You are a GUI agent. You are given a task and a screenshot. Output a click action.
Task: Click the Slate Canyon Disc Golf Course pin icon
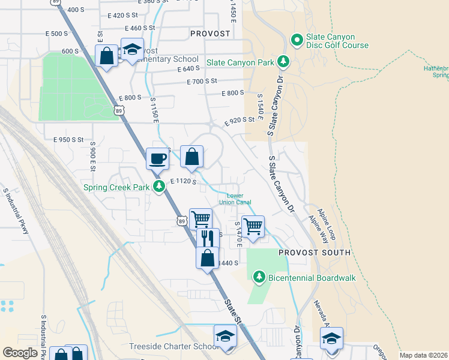coord(296,40)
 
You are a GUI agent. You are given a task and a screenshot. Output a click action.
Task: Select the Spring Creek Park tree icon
coord(159,187)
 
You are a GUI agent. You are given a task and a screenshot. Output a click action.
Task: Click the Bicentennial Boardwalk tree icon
coord(259,277)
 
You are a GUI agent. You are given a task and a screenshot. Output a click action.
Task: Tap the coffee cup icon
coord(158,158)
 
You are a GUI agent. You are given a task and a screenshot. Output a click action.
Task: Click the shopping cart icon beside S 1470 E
coord(253,226)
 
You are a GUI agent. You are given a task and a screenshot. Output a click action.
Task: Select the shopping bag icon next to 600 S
coord(106,56)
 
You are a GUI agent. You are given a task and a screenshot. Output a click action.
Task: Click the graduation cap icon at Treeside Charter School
coord(225,335)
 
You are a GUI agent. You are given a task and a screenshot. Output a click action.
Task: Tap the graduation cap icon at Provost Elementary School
coord(132,49)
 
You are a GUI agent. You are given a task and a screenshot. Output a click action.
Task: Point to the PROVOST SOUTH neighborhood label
coord(315,253)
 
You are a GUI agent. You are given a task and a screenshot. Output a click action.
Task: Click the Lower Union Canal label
coord(239,199)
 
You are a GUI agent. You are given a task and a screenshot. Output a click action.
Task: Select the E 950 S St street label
coord(68,139)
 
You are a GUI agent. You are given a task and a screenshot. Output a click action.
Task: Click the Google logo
coord(20,353)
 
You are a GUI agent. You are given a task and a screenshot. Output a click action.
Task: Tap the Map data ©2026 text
coord(423,355)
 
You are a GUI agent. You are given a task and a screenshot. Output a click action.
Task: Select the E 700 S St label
coord(201,81)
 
